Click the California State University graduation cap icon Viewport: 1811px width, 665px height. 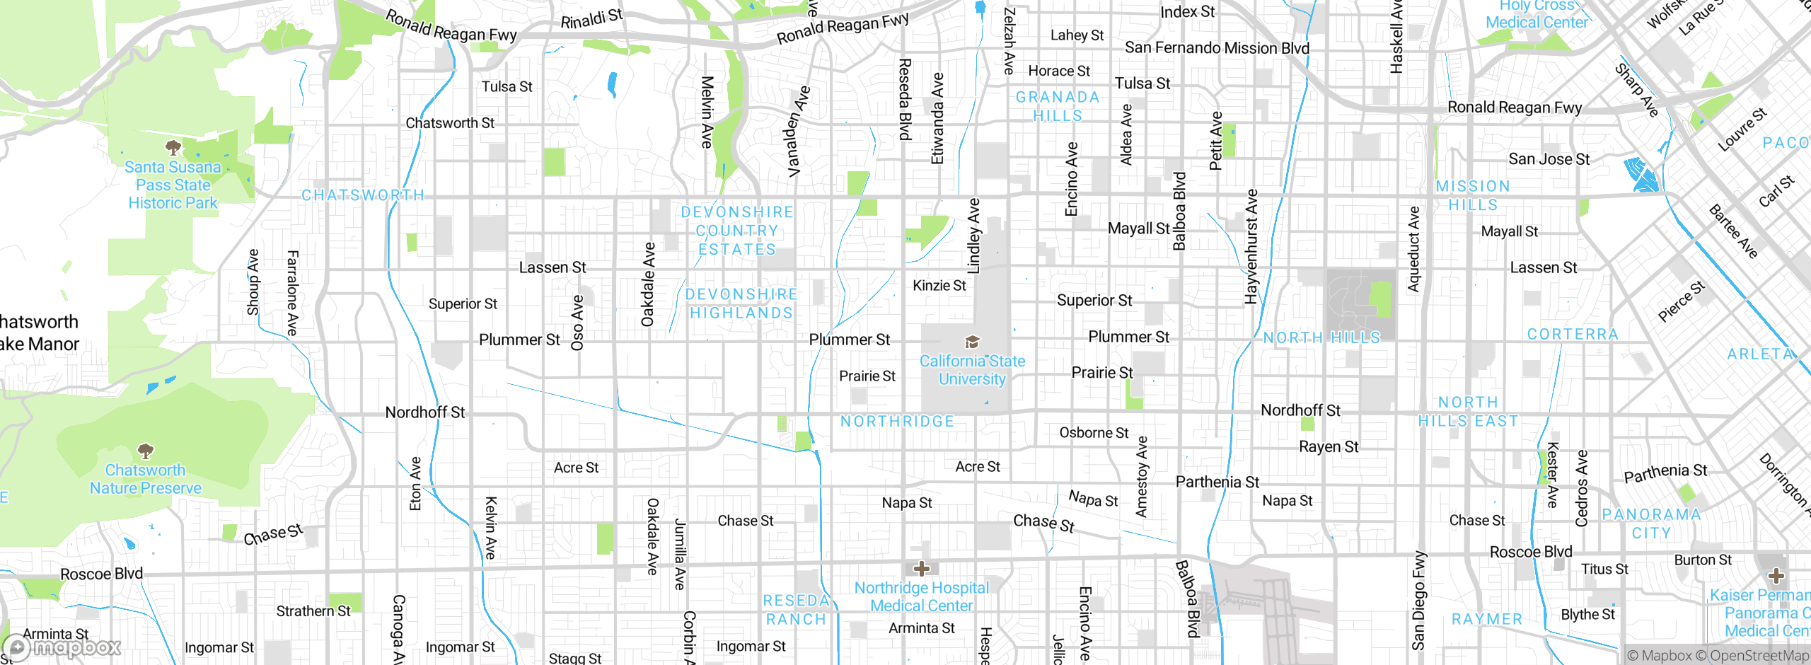[973, 342]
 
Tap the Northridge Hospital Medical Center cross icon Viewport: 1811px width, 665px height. [921, 568]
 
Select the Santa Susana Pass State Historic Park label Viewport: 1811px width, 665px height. [173, 185]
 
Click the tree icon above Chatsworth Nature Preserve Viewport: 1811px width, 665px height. [146, 451]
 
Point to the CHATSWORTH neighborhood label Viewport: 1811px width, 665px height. [363, 195]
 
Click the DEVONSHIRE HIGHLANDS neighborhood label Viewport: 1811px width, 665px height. [741, 303]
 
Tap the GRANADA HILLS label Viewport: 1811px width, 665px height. [1058, 106]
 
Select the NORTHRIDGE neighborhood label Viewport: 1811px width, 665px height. [897, 422]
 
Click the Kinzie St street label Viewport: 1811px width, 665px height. [939, 286]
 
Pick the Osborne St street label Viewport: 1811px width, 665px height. [1094, 433]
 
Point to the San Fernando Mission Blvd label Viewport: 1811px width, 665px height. [1217, 48]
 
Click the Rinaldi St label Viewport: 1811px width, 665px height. [591, 19]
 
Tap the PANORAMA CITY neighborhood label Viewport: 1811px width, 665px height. [1651, 524]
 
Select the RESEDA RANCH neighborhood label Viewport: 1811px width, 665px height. [796, 610]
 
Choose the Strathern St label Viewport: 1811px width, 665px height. [313, 611]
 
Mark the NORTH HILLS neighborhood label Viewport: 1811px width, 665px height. [1321, 338]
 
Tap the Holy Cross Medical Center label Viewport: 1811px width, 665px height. [1537, 14]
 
